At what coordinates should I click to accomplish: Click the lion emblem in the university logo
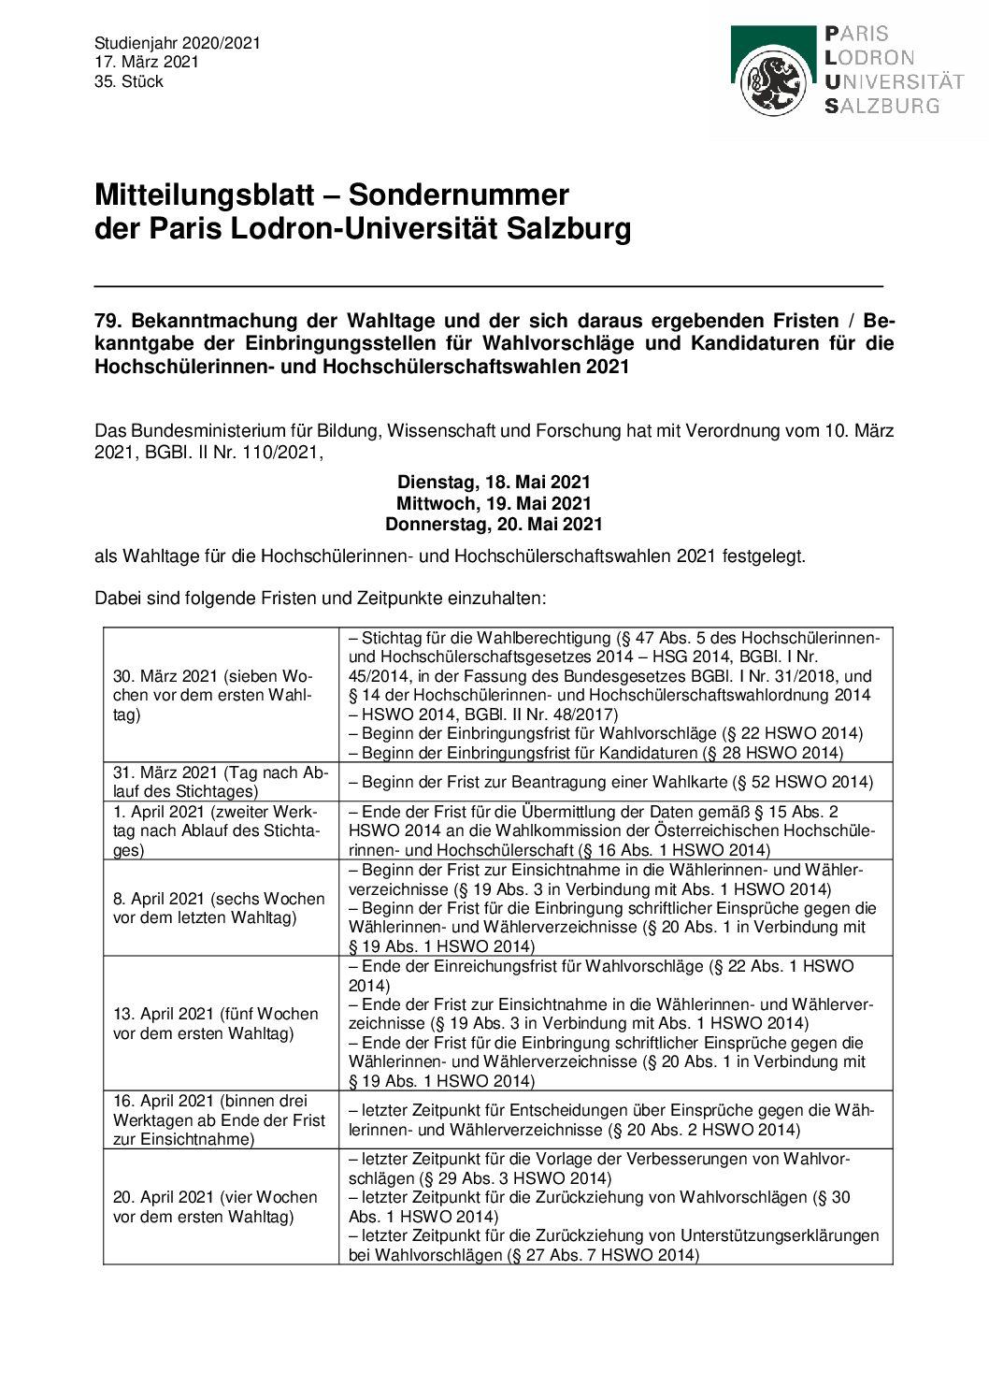[x=772, y=83]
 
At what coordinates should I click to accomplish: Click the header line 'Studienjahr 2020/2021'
[x=178, y=43]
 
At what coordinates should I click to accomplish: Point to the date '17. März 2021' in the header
[x=147, y=62]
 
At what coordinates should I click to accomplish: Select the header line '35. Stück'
[x=129, y=81]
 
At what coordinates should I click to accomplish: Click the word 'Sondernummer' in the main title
[x=458, y=195]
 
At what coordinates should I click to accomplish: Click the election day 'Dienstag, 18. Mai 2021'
[x=494, y=483]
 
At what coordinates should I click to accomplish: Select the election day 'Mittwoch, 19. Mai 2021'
[x=494, y=503]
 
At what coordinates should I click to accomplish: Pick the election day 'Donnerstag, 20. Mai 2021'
[x=494, y=524]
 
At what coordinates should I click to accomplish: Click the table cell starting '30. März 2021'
[x=221, y=695]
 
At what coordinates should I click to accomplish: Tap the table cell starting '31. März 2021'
[x=221, y=782]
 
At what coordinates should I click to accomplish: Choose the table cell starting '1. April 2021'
[x=221, y=830]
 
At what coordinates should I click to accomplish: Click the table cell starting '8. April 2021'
[x=221, y=908]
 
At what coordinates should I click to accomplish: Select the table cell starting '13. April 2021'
[x=221, y=1023]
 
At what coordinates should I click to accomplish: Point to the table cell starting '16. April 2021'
[x=221, y=1119]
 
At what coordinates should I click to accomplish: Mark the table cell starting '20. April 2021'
[x=221, y=1206]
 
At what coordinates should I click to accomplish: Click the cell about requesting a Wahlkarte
[x=615, y=782]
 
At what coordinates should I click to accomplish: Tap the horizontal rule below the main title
[x=488, y=284]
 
